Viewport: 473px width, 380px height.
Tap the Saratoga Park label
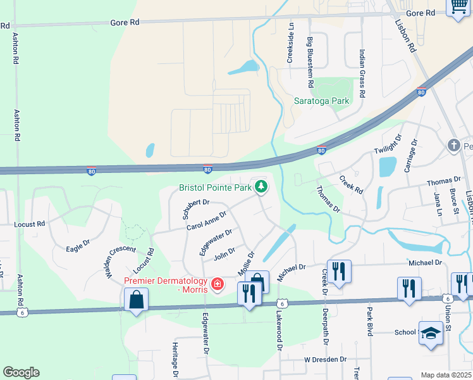(321, 101)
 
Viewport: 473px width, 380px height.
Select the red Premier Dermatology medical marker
(218, 283)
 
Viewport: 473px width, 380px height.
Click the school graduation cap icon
(430, 332)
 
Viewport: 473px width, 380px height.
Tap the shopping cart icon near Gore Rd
(457, 7)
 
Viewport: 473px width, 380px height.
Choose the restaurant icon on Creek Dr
(339, 271)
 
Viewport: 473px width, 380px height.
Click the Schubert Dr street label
(196, 208)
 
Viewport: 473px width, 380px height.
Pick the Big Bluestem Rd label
(310, 62)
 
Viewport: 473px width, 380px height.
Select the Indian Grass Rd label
(362, 73)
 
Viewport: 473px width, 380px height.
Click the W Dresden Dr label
(325, 359)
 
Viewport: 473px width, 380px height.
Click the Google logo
(21, 372)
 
